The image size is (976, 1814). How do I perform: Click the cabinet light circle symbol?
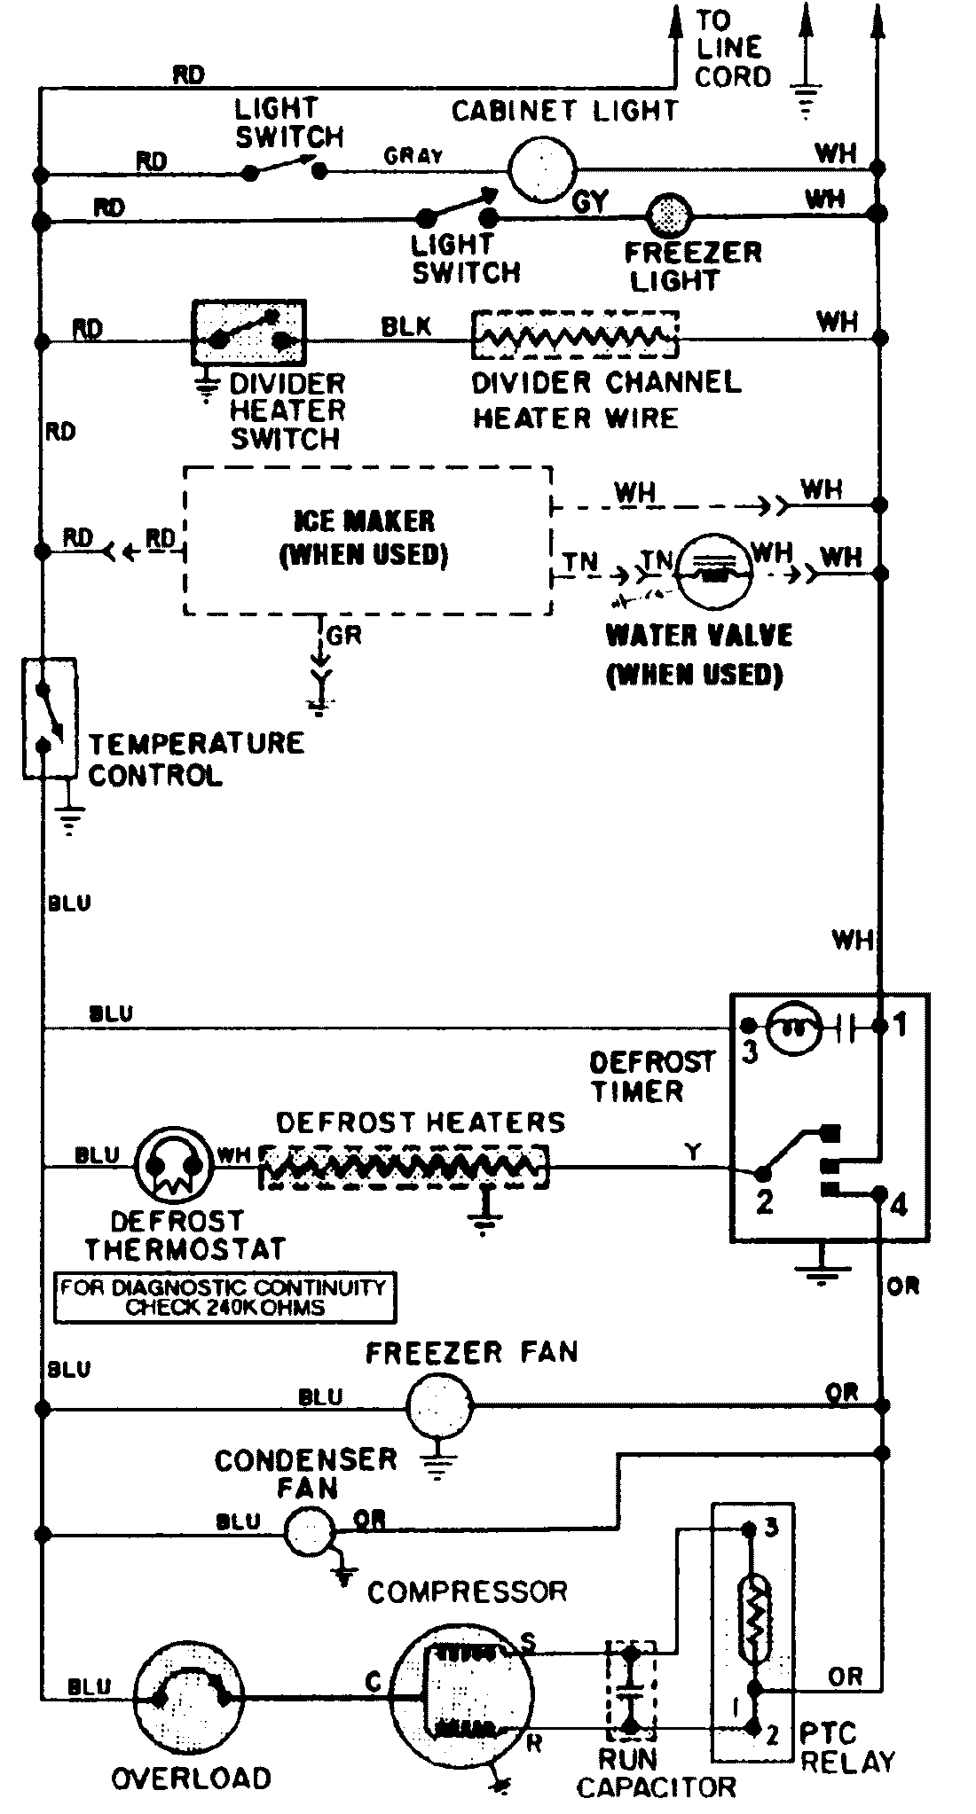pyautogui.click(x=542, y=168)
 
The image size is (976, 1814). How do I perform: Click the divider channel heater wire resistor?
pyautogui.click(x=575, y=336)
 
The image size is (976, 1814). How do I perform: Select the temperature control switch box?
pyautogui.click(x=50, y=718)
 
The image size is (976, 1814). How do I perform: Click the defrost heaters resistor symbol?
pyautogui.click(x=405, y=1167)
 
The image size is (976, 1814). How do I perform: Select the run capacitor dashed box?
pyautogui.click(x=631, y=1691)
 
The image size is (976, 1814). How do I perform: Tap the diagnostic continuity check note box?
pyautogui.click(x=224, y=1298)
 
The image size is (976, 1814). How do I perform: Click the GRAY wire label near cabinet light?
pyautogui.click(x=413, y=156)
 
